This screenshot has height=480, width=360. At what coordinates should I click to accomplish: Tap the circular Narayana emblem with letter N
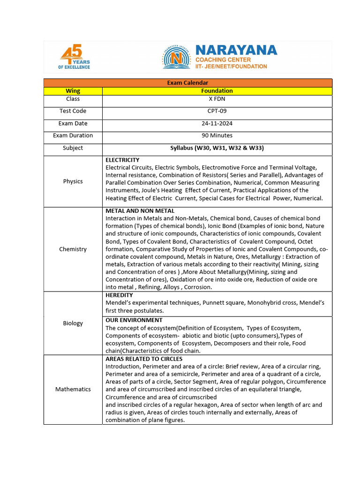[x=177, y=58]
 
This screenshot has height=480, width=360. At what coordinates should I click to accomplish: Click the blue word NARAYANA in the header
[x=236, y=50]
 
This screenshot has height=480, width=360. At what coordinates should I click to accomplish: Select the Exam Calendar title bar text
[x=187, y=83]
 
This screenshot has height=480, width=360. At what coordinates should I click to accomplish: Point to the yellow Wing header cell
[x=73, y=91]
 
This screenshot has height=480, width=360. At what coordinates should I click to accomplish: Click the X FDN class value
[x=217, y=99]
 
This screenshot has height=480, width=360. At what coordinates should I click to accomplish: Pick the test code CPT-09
[x=217, y=111]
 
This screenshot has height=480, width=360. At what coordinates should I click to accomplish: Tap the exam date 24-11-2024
[x=217, y=123]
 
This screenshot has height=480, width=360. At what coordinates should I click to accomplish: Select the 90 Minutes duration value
[x=217, y=135]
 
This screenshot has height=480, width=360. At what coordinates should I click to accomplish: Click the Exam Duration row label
[x=73, y=135]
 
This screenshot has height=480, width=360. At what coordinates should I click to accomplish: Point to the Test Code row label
[x=73, y=111]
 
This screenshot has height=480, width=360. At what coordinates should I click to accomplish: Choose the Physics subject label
[x=73, y=181]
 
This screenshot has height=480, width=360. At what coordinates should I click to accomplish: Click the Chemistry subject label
[x=73, y=249]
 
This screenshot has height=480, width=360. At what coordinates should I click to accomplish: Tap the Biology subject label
[x=73, y=323]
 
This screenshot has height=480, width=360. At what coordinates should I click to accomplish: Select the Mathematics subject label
[x=73, y=389]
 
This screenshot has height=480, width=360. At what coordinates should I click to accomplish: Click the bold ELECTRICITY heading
[x=122, y=160]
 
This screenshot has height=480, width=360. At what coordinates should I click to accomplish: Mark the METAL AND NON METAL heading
[x=140, y=211]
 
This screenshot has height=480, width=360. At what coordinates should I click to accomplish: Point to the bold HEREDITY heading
[x=119, y=295]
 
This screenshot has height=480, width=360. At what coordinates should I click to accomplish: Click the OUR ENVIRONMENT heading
[x=134, y=320]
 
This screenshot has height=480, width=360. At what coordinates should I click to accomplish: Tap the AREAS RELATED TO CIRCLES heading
[x=144, y=359]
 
